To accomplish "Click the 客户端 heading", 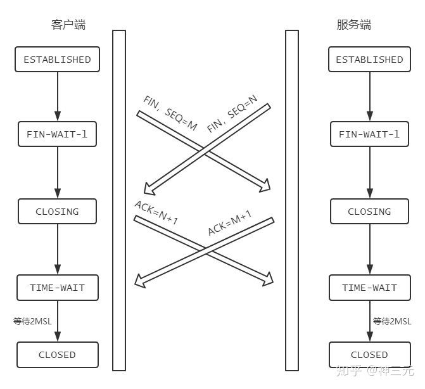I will coord(68,25).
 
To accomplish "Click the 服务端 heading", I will coord(353,25).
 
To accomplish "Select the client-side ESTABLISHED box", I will coord(57,60).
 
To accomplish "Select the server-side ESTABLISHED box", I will coord(369,60).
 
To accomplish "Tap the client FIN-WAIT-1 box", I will coord(57,134).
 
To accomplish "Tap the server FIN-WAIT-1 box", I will coord(369,134).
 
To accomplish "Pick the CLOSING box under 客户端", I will coord(57,212).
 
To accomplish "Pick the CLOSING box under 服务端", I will coord(369,212).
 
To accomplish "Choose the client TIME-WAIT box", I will coord(57,288).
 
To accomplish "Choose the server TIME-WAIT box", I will coord(369,288).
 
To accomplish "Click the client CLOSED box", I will coord(57,355).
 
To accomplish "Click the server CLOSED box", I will coord(369,355).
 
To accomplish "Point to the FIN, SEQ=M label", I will coord(170,114).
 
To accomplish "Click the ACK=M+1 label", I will coord(229,222).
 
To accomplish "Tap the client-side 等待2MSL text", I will coord(32,321).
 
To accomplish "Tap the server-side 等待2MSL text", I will coord(392,321).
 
